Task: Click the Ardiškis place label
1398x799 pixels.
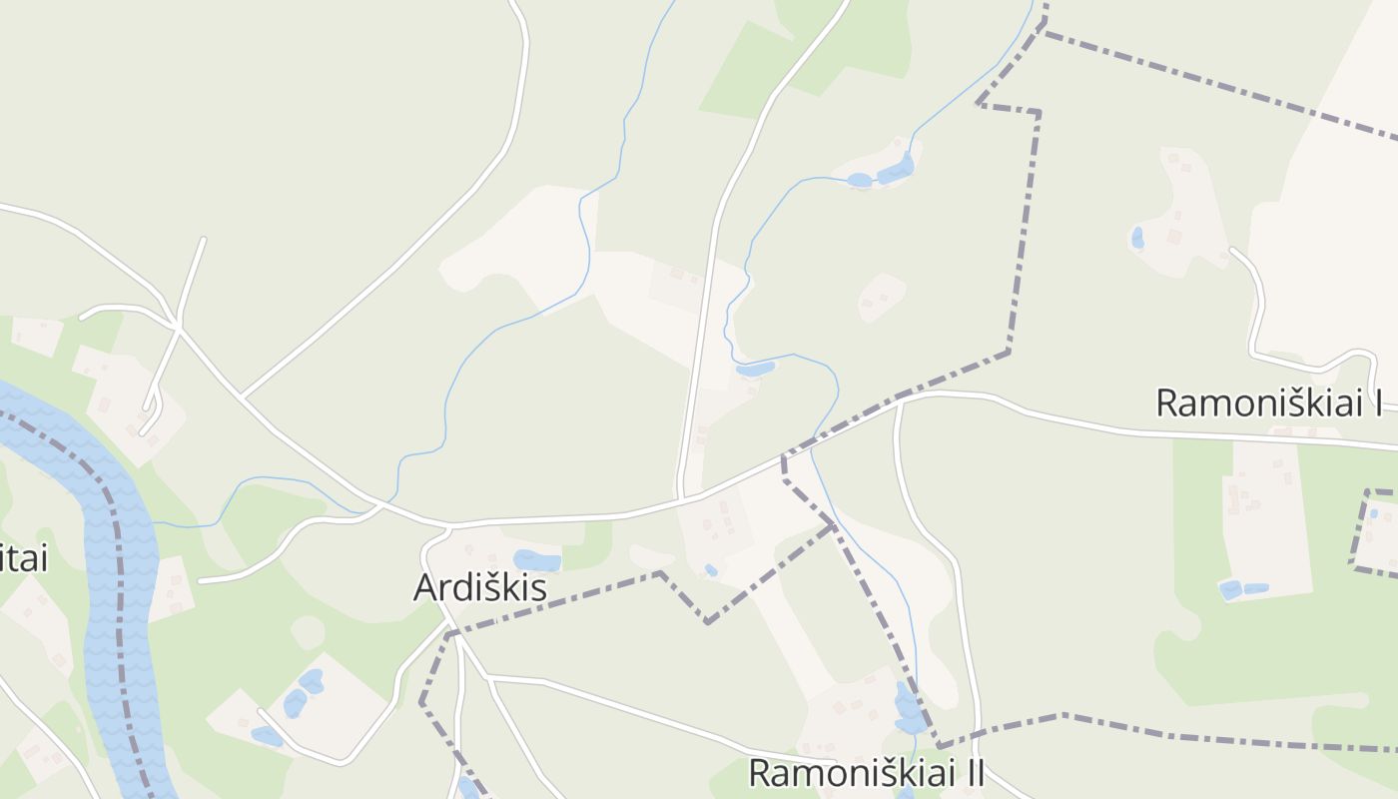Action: click(480, 587)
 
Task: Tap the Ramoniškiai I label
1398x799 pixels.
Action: click(1268, 402)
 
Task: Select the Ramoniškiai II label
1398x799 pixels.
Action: click(866, 772)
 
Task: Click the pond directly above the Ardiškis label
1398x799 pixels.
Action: click(536, 560)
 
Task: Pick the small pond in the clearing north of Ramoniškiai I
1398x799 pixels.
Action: click(1136, 238)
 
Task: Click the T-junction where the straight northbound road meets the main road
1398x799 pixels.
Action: click(682, 497)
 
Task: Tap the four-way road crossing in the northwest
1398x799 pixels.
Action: click(177, 326)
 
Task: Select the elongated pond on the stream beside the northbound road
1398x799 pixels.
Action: click(755, 369)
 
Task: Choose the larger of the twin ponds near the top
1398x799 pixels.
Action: click(895, 170)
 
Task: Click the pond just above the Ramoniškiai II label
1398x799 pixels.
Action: click(909, 709)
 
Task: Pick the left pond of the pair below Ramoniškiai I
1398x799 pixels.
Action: click(1230, 590)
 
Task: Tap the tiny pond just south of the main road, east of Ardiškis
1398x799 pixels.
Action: click(710, 570)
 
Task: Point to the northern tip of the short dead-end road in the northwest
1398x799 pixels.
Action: click(204, 239)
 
